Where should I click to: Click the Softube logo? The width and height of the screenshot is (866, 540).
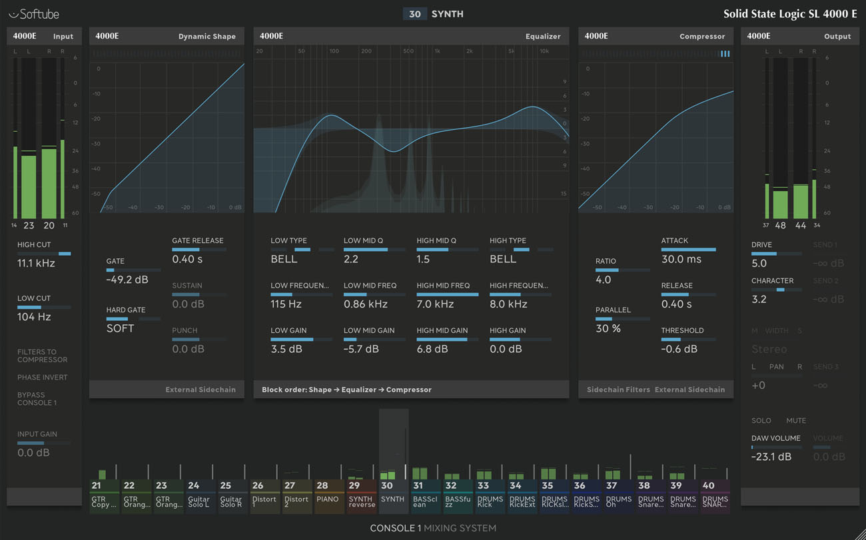point(34,14)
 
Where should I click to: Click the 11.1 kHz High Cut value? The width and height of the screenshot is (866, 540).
point(36,264)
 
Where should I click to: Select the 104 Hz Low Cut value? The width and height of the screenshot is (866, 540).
point(34,317)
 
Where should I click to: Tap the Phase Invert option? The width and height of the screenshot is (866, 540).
point(42,378)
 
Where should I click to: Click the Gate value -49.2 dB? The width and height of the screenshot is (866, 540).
point(127,280)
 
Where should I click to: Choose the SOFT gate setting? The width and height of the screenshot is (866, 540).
point(120,328)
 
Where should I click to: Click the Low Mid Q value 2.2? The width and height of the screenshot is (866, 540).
point(351,259)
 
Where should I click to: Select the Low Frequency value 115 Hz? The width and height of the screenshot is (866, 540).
point(286,304)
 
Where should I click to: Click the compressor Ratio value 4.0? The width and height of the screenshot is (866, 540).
point(603,280)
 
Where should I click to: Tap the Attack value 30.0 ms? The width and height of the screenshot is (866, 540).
point(681,259)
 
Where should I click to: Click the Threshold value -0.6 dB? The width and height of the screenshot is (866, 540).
point(679,349)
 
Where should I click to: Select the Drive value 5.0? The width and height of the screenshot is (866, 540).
point(759,263)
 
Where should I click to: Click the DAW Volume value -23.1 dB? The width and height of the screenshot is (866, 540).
point(771,457)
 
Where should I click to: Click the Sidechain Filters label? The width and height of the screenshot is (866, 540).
point(618,390)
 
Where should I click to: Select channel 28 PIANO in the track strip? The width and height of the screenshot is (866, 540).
point(328,497)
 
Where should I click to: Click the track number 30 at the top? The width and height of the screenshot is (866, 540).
point(415,14)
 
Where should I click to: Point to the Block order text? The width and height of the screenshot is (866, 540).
point(346,390)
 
